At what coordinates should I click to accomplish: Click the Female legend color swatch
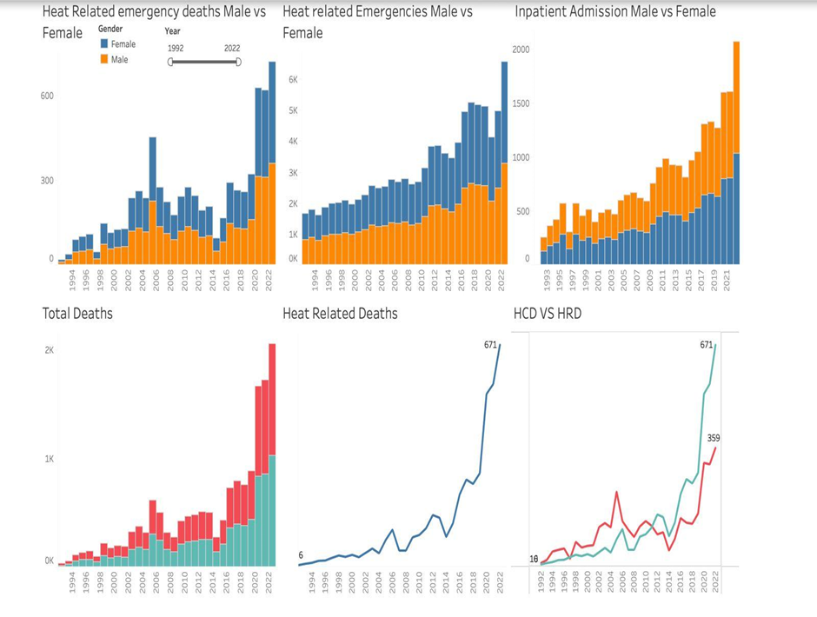point(104,43)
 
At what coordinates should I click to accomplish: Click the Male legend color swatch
point(104,59)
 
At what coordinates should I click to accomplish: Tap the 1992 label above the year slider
point(176,49)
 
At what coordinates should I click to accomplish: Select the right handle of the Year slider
point(238,62)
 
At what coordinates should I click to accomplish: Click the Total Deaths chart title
point(77,313)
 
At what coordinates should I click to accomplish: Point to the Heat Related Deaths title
point(340,313)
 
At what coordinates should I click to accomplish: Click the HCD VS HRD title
point(548,313)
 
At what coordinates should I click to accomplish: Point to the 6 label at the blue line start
point(301,555)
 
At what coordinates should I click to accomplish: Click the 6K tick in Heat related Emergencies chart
point(293,79)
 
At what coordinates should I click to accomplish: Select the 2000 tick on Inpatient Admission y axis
point(520,50)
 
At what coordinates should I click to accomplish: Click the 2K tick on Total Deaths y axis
point(49,350)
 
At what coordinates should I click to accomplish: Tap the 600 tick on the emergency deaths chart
point(47,96)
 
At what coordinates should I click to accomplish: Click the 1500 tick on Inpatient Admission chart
point(520,104)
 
